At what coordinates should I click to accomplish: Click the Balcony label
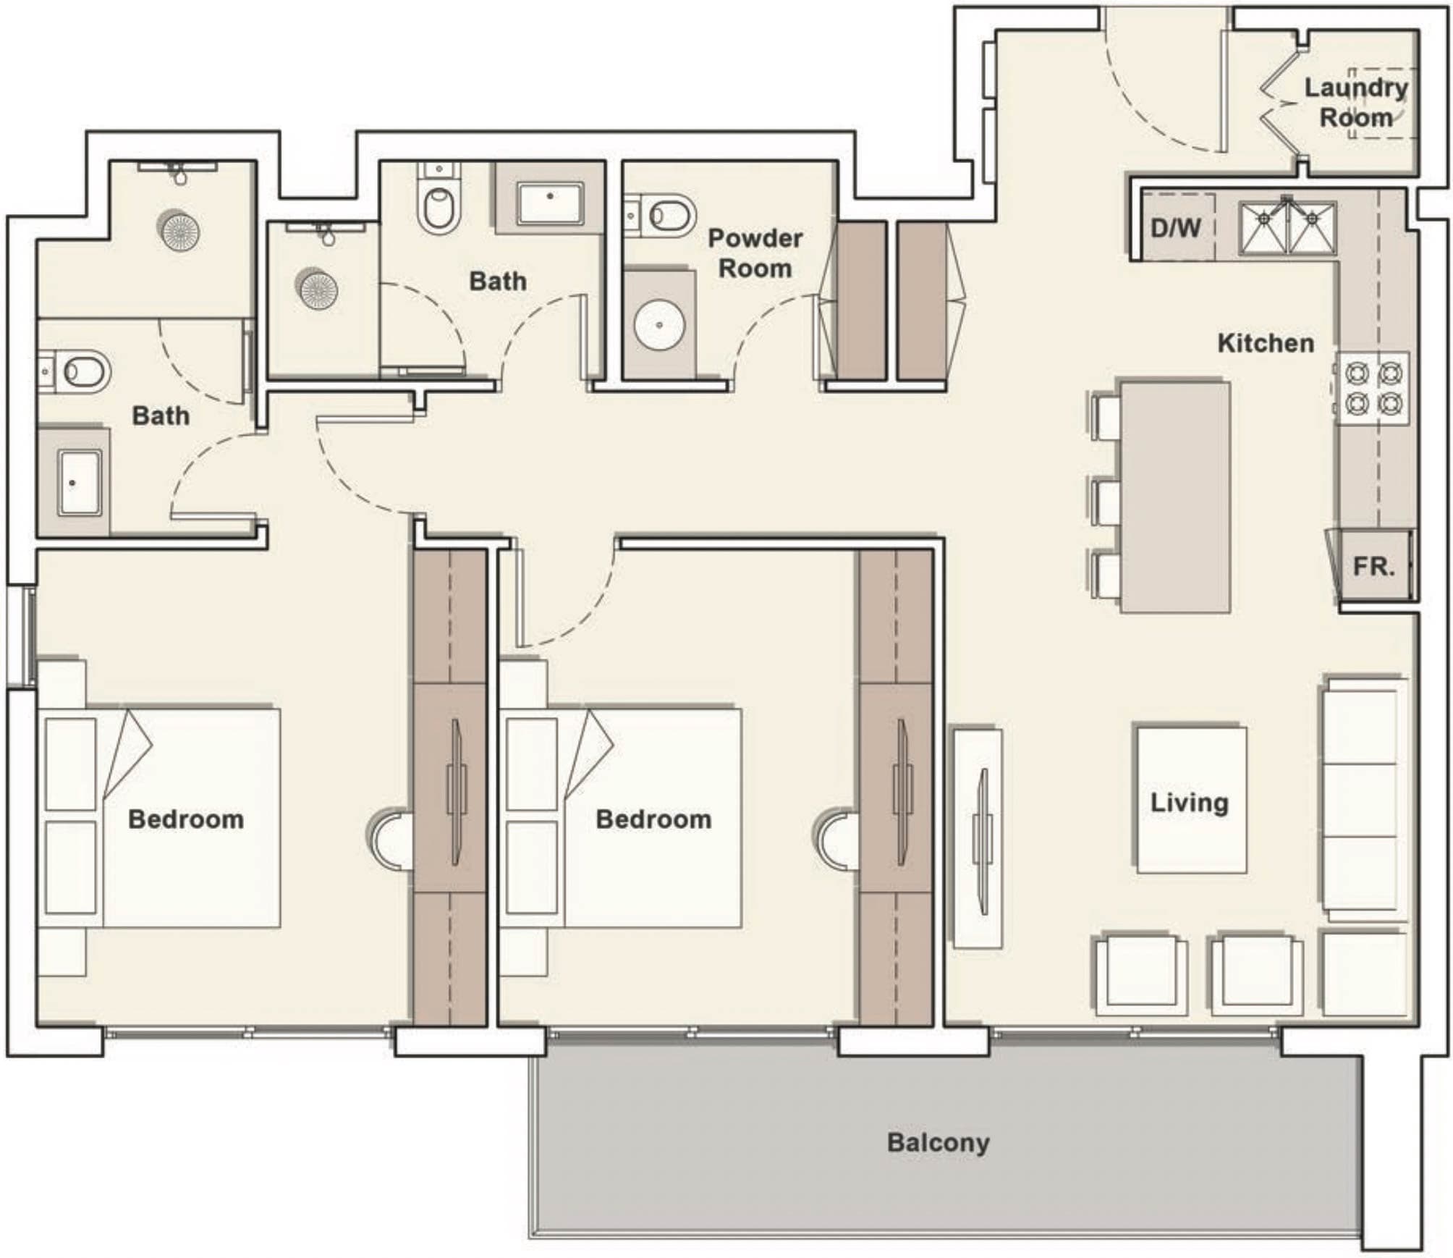[938, 1142]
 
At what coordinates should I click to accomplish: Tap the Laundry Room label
[1355, 102]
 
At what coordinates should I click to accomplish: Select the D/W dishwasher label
[1175, 229]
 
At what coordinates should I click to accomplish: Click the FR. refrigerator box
[1373, 566]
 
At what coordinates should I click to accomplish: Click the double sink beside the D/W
[1288, 228]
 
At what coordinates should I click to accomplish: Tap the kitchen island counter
[1175, 497]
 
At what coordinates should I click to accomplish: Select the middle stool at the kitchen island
[1106, 502]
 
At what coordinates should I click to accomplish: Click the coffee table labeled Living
[1191, 800]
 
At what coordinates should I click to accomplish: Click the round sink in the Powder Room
[659, 325]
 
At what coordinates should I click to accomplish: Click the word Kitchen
[1266, 343]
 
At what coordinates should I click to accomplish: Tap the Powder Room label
[755, 253]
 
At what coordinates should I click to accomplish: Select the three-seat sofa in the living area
[1363, 800]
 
